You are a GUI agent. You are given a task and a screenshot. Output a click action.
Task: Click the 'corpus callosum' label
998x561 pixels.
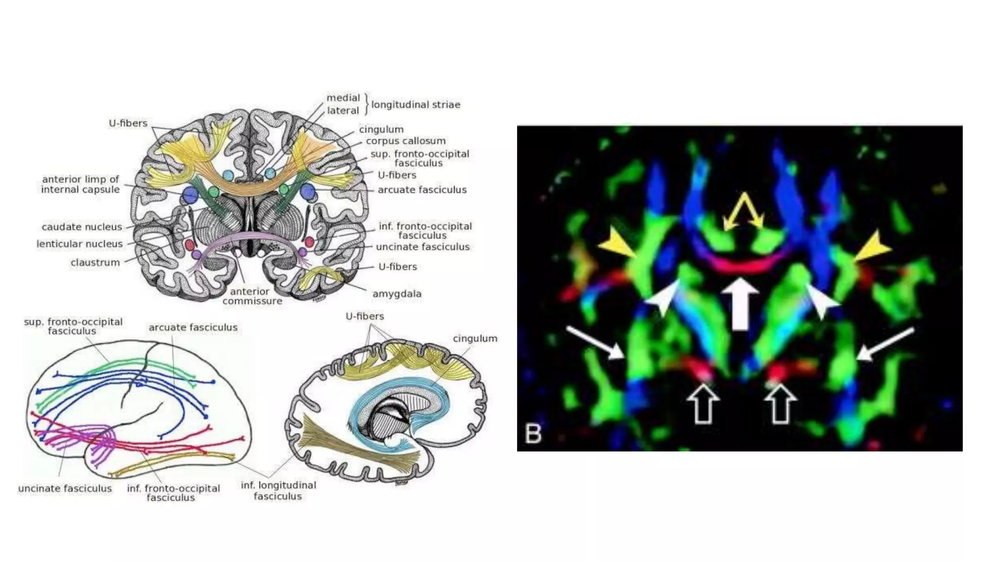405,141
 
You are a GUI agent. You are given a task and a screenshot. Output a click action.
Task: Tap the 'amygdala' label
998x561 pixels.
397,294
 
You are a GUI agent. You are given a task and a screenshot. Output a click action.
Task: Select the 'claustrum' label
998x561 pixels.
95,263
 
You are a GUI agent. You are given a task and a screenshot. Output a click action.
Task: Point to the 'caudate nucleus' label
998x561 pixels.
82,227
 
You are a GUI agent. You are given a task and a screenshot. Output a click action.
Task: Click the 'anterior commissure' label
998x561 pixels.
252,296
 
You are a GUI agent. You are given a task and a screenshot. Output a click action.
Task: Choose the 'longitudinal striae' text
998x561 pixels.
415,105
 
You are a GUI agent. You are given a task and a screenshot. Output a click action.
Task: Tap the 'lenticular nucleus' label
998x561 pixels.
79,244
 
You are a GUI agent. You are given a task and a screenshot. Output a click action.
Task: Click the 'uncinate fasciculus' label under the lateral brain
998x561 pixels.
65,488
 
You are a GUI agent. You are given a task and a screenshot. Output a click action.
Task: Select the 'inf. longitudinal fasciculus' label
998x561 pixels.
278,490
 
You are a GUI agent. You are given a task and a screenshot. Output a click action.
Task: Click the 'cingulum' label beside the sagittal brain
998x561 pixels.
475,338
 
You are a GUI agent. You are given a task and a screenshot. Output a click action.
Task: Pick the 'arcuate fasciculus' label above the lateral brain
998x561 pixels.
193,328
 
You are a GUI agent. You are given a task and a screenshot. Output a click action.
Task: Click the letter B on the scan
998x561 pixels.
534,433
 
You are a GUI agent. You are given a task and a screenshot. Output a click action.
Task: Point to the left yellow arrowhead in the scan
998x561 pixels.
618,246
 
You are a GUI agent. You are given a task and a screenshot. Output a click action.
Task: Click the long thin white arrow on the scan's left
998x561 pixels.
596,343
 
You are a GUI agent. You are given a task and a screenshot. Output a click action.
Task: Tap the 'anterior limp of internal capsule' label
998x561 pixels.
80,185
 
